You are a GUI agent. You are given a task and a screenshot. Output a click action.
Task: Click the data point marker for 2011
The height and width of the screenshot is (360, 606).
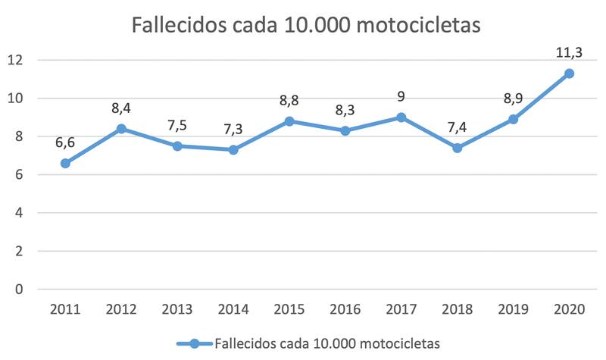(x=65, y=163)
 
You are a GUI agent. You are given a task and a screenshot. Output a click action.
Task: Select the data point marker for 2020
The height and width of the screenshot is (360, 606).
(x=569, y=74)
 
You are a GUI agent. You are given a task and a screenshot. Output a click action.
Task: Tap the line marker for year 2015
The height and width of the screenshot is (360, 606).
(x=289, y=121)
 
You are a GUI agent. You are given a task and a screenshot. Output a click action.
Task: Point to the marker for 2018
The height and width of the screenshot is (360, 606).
(x=458, y=148)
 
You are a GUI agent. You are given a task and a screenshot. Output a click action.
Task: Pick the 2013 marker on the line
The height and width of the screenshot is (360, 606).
(x=177, y=146)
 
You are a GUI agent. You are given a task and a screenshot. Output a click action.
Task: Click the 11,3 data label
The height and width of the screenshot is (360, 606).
(x=569, y=52)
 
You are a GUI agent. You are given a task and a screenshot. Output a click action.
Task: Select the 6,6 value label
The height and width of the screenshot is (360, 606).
(x=65, y=142)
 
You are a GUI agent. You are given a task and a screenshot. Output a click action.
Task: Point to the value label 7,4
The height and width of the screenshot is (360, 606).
(x=458, y=127)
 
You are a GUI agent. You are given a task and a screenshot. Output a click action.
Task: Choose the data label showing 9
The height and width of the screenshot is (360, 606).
(x=401, y=95)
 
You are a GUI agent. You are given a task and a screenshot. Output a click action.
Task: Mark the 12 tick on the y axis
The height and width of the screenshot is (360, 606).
(x=17, y=60)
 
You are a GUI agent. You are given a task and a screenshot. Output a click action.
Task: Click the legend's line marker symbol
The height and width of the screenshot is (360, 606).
(x=194, y=343)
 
